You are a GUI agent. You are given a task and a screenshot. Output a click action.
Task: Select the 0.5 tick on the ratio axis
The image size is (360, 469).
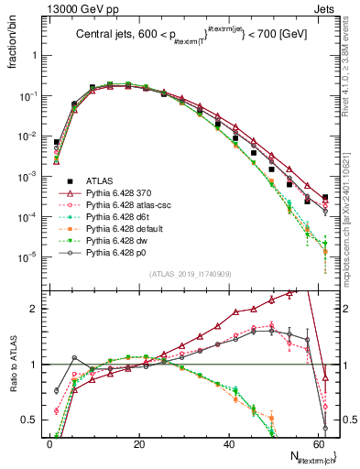[29, 420]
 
